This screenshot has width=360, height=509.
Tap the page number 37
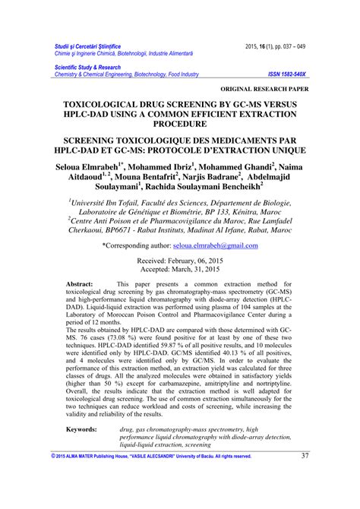point(305,476)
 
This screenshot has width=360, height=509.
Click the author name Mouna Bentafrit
point(152,180)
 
